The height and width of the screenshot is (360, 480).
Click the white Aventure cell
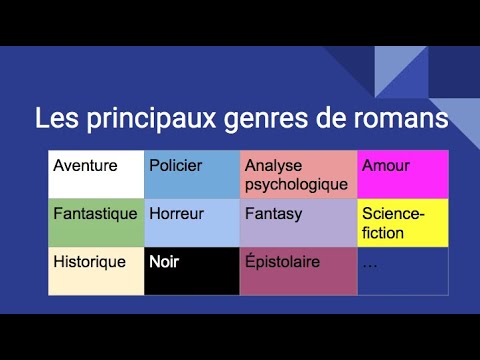tap(96, 175)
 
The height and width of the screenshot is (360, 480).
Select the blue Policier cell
tap(192, 175)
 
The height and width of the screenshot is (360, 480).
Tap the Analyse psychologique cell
tap(298, 175)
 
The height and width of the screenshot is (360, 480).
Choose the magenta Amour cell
tap(403, 175)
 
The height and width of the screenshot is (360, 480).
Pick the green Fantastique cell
tap(96, 223)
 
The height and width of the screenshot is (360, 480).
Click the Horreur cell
tap(192, 223)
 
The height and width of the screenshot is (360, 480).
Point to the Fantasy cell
tap(298, 223)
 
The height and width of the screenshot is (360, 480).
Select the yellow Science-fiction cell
tap(403, 223)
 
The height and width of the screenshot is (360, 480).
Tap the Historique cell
tap(96, 271)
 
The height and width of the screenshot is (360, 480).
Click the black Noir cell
tap(192, 271)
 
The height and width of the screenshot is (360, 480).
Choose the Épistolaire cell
tap(298, 271)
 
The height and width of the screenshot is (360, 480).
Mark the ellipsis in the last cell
tap(370, 263)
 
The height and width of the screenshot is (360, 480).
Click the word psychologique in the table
tap(296, 184)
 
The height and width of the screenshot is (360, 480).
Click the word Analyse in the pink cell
tap(270, 166)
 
